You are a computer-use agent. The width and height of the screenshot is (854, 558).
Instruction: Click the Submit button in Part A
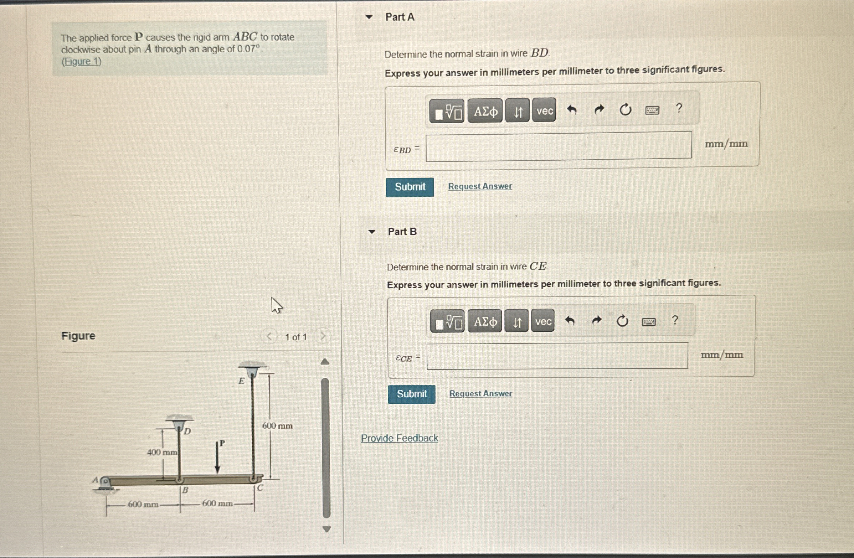coord(410,187)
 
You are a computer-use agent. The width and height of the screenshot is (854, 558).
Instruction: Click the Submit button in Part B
coord(412,394)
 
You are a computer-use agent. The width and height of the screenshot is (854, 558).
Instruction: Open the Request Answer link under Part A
coord(480,186)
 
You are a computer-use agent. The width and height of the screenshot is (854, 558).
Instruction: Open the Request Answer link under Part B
coord(481,393)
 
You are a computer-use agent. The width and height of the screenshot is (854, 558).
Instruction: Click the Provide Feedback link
coord(399,438)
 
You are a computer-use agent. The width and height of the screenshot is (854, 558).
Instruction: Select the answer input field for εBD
coord(558,146)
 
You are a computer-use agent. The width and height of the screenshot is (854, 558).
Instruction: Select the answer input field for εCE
coord(557,356)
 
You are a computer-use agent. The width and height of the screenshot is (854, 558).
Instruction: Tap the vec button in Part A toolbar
coord(544,111)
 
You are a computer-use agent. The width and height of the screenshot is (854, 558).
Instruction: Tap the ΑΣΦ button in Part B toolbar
coord(485,321)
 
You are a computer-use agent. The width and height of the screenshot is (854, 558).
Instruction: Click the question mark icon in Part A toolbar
coord(679,108)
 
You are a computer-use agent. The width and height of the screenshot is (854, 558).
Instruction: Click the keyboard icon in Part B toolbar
coord(648,322)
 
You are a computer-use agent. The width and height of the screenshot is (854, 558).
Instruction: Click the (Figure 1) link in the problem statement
coord(82,62)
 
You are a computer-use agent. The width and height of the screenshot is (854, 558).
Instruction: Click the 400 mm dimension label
coord(162,453)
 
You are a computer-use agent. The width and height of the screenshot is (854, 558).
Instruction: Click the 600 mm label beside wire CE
coord(277,426)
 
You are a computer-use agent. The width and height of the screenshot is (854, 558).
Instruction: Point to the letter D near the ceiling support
coord(187,432)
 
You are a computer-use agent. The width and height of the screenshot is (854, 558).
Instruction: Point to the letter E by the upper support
coord(242,381)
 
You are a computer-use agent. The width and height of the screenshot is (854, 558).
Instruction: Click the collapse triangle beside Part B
coord(372,232)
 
